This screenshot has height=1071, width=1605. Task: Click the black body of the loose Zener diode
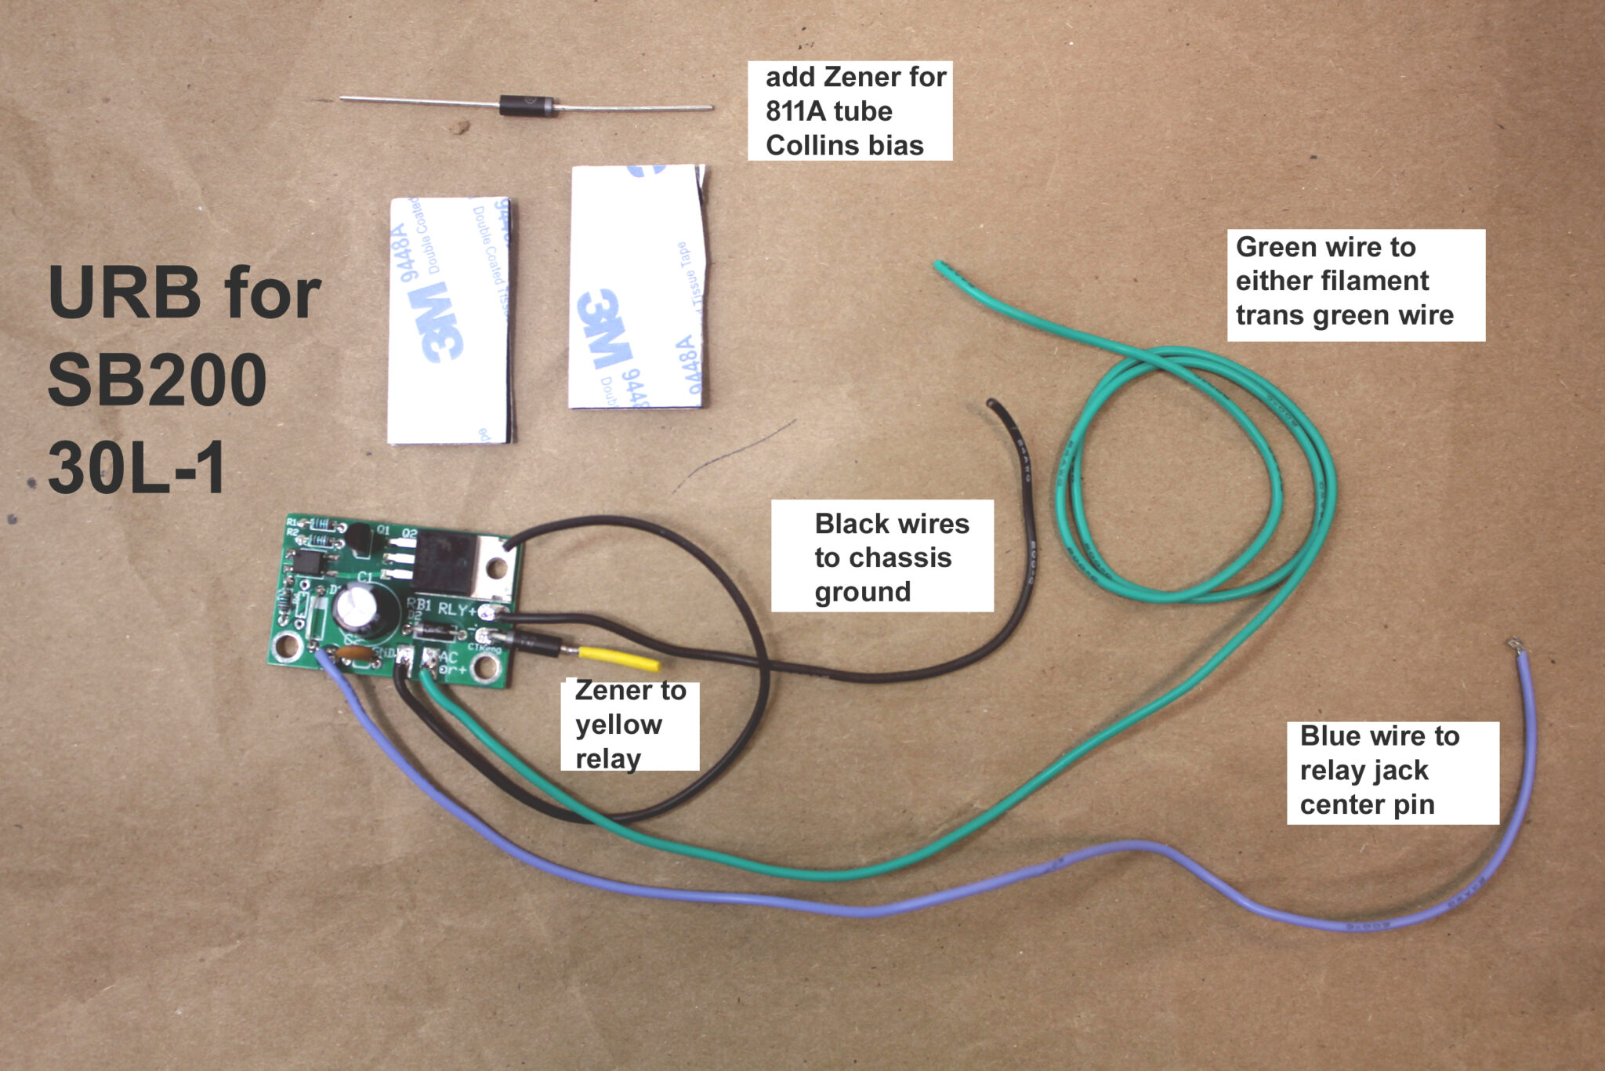coord(527,105)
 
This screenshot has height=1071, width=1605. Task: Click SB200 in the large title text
coord(157,380)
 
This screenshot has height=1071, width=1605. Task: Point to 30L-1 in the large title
coord(137,468)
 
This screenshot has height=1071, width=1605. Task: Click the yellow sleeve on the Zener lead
coord(619,659)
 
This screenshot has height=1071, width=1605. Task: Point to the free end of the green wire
coord(938,267)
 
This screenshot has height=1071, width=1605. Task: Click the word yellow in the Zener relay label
coord(618,724)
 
